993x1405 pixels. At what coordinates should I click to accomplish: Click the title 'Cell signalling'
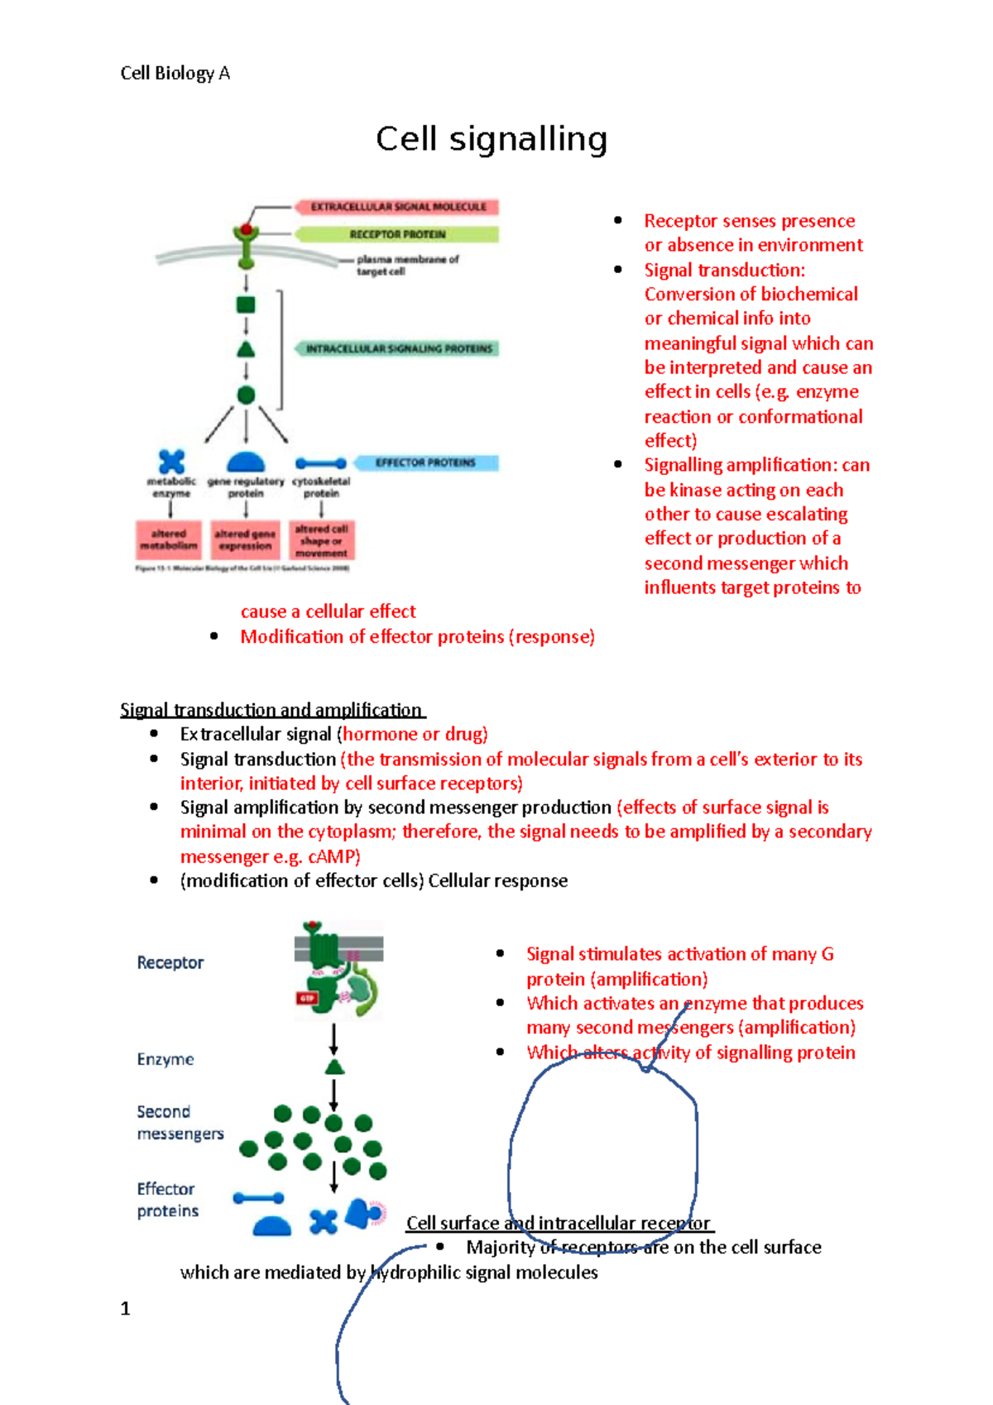492,139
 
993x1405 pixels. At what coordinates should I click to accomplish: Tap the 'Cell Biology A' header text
175,74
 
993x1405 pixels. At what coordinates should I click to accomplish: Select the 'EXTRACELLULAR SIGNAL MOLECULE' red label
397,207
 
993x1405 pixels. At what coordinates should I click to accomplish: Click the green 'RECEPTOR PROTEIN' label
397,234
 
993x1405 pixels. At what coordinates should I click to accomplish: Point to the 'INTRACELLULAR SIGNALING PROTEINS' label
398,349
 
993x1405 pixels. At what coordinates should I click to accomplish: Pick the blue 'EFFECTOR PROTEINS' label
425,463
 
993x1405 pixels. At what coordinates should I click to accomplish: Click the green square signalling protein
246,304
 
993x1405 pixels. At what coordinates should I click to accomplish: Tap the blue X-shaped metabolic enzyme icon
171,461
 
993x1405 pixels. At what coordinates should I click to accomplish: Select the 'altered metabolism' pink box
169,539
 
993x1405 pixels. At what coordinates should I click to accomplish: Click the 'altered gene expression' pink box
245,539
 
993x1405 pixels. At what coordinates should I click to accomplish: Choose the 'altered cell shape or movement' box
322,539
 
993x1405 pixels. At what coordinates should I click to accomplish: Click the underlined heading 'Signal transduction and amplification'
271,710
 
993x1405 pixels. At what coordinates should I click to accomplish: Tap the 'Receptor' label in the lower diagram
170,962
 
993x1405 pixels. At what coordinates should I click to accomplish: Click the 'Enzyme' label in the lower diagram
165,1059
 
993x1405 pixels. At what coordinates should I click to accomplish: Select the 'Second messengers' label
180,1122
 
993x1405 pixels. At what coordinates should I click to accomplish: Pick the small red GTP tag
307,999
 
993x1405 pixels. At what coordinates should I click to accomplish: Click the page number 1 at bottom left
125,1308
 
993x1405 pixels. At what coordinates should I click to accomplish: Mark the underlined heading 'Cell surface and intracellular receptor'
559,1223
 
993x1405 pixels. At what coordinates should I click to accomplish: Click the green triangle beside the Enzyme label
334,1067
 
